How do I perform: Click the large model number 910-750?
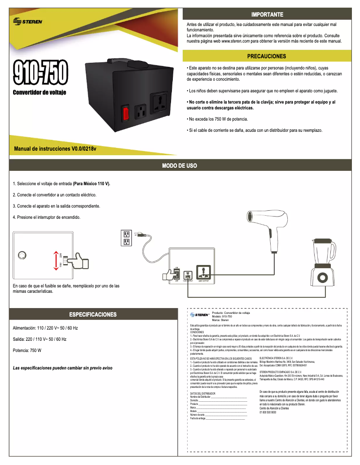pyautogui.click(x=40, y=74)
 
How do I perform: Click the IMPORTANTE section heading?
pyautogui.click(x=267, y=14)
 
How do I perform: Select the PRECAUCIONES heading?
pyautogui.click(x=267, y=56)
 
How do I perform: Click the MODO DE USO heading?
pyautogui.click(x=180, y=166)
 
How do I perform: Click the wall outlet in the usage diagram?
pyautogui.click(x=126, y=238)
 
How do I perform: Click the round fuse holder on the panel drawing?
pyautogui.click(x=22, y=255)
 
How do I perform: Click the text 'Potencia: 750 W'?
pyautogui.click(x=27, y=350)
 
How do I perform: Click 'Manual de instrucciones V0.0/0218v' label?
pyautogui.click(x=56, y=148)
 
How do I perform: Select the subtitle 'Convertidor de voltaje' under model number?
pyautogui.click(x=40, y=92)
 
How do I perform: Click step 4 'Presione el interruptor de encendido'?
pyautogui.click(x=47, y=217)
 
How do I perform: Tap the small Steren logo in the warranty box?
pyautogui.click(x=199, y=315)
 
